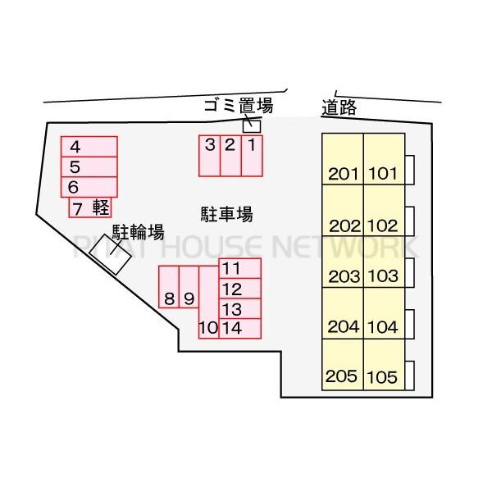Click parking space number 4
[89, 147]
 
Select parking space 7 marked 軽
[90, 207]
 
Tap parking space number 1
[252, 156]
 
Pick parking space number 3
[210, 156]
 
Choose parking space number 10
[208, 303]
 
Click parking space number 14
[240, 329]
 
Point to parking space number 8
[169, 287]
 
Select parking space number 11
[240, 268]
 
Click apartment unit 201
[343, 159]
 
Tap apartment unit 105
[384, 365]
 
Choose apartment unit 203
[343, 262]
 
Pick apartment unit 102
[384, 210]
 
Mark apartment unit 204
[343, 313]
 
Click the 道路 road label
[339, 107]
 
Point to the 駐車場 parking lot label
[227, 215]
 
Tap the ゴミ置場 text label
[239, 106]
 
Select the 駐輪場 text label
[139, 233]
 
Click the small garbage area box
[252, 126]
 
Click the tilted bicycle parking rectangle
[110, 255]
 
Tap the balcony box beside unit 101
[409, 170]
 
